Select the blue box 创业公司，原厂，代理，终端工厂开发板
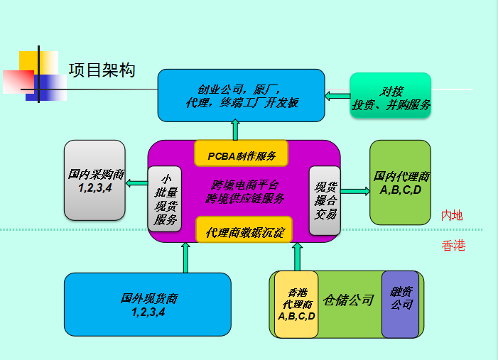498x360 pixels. point(241,95)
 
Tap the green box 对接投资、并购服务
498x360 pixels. point(391,98)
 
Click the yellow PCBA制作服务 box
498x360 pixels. point(242,153)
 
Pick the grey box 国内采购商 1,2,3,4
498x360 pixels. point(94,180)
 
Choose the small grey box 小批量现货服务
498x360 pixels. point(164,200)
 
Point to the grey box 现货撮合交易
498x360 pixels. point(325,200)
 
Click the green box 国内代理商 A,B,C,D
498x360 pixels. point(400,182)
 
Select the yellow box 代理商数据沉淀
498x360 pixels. point(242,231)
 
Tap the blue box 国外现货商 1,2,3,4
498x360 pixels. point(147,304)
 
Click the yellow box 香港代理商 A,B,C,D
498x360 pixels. point(296,304)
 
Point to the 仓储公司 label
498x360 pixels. point(348,300)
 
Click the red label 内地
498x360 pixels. point(452,215)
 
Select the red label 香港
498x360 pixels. point(453,246)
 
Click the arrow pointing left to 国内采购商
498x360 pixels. point(136,185)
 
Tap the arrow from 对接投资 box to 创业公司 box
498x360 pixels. point(337,95)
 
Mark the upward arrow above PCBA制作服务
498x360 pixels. point(235,130)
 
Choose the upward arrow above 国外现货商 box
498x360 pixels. point(186,257)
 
